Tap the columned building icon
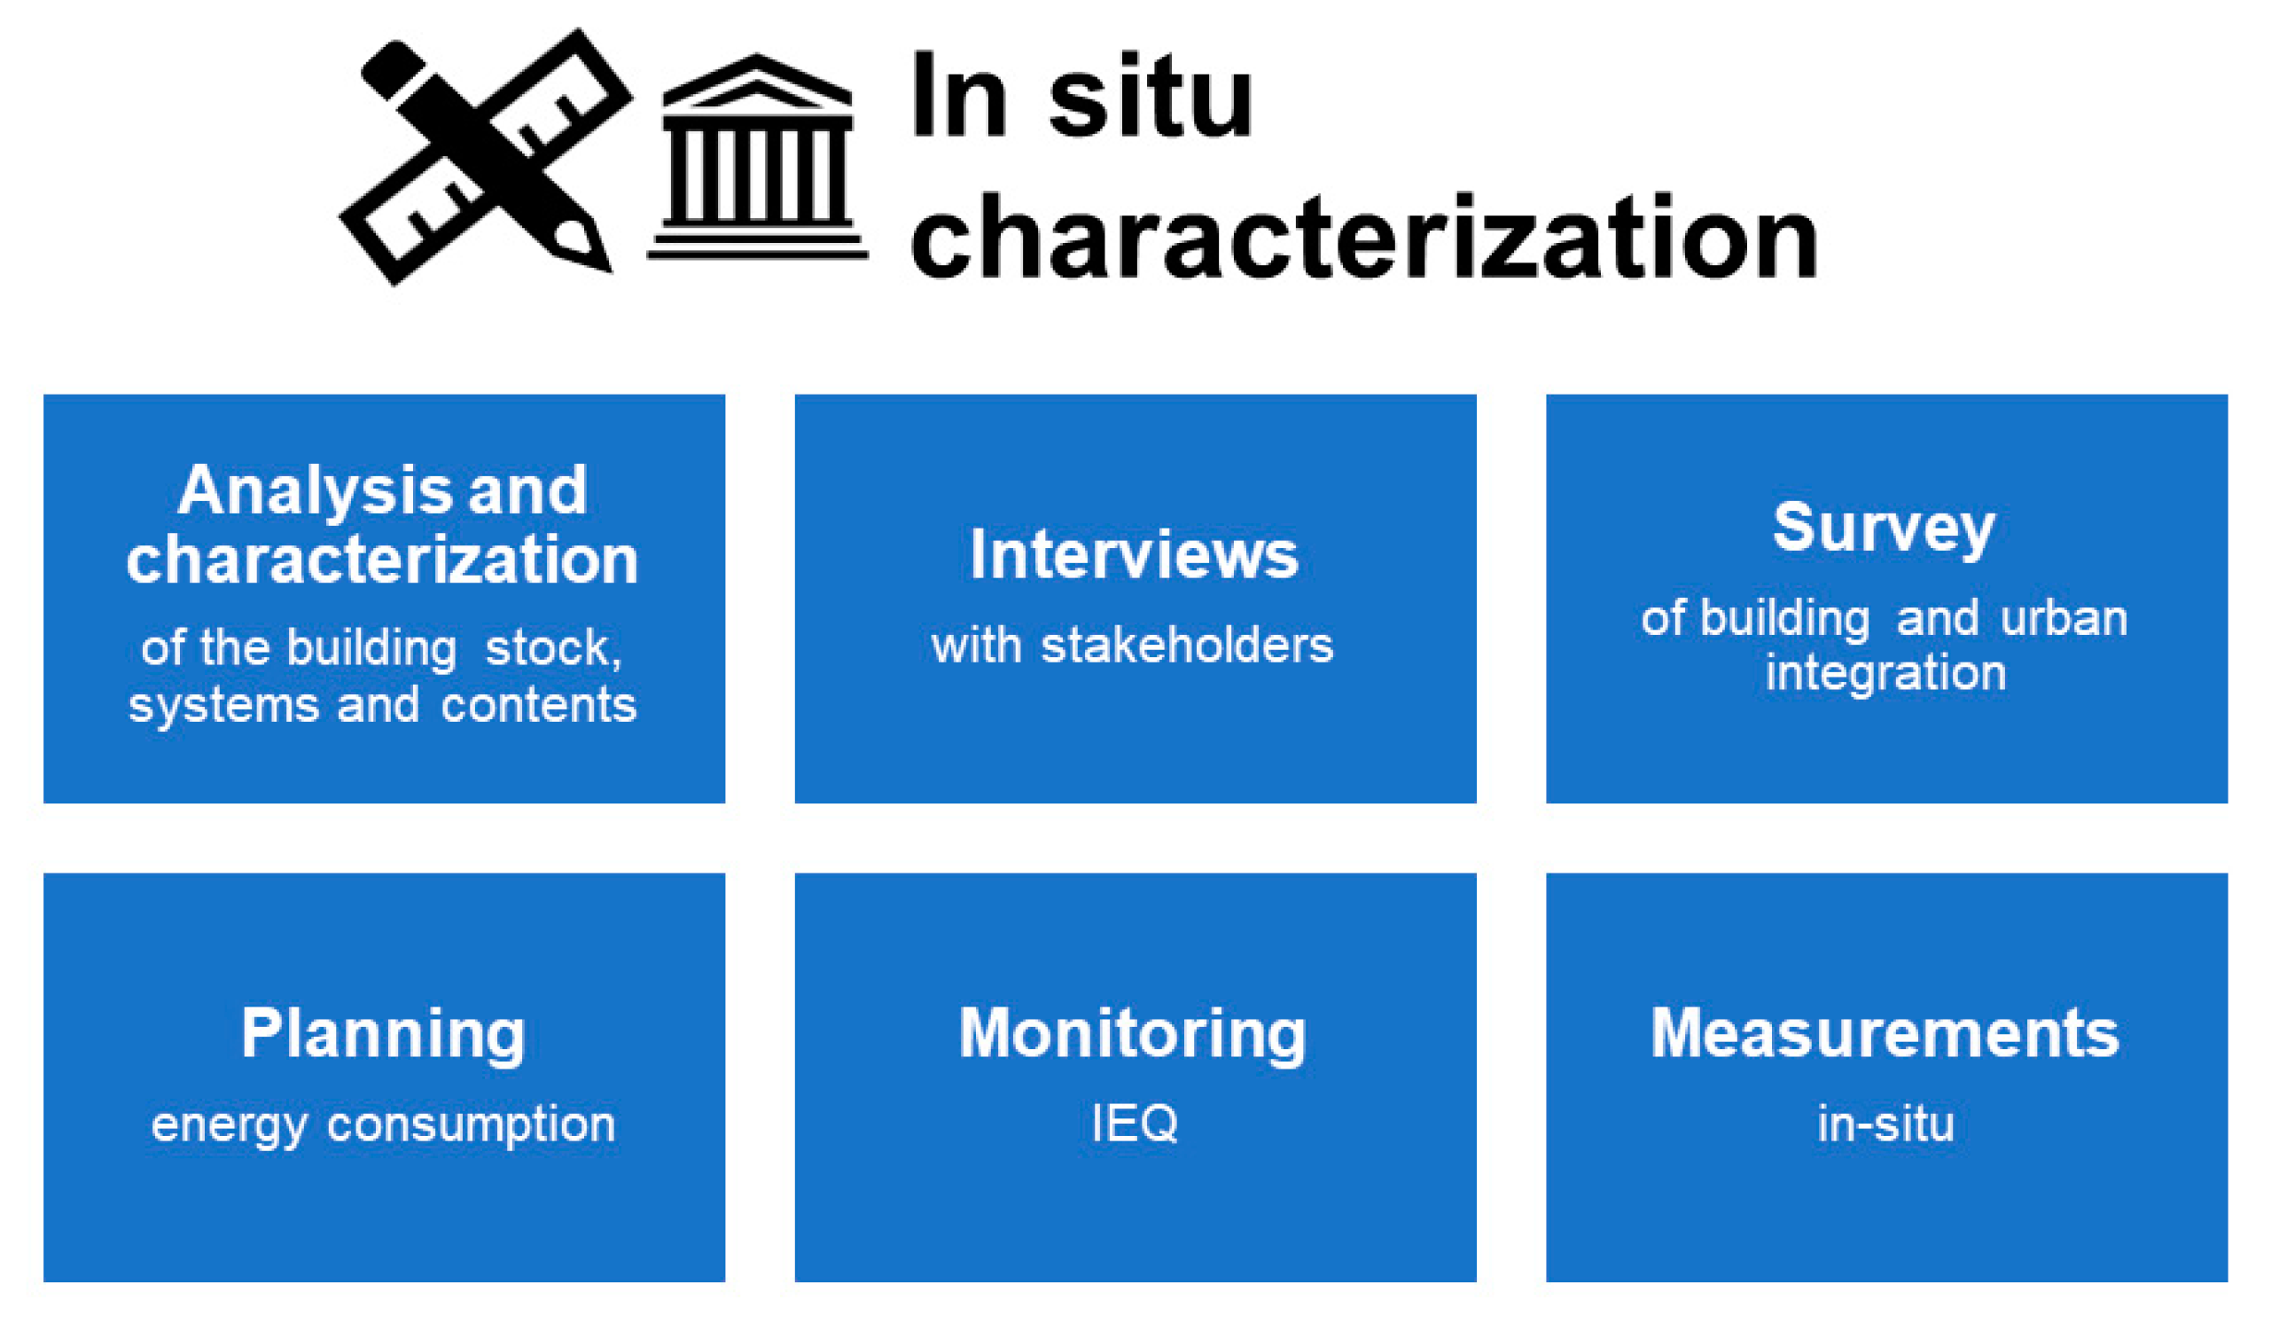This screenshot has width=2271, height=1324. click(x=757, y=158)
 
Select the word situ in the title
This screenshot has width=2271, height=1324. click(x=1151, y=98)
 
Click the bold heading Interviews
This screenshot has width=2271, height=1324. click(x=1134, y=553)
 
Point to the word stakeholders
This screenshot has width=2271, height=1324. click(x=1187, y=646)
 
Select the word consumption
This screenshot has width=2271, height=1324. click(x=472, y=1124)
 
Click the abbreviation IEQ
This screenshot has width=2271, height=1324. click(x=1135, y=1123)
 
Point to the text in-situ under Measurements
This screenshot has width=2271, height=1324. click(x=1886, y=1123)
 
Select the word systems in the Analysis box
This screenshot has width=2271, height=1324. click(x=223, y=705)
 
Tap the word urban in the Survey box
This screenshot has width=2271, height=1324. click(x=2064, y=619)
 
